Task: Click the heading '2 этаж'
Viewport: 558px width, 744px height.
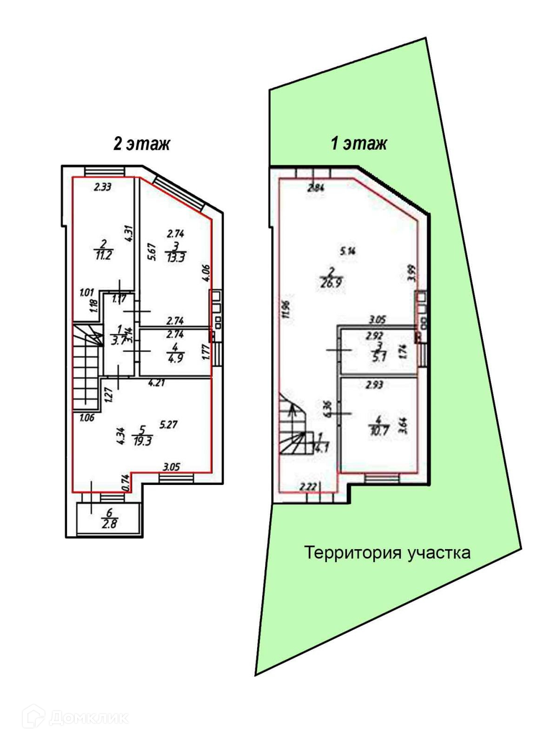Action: (141, 143)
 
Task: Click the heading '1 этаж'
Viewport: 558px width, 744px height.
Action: (359, 143)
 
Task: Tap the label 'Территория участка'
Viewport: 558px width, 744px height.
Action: (387, 553)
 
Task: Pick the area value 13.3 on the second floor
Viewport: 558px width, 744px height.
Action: (176, 258)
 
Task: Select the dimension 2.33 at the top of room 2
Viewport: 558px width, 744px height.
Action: (103, 187)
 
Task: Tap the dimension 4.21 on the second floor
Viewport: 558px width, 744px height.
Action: (157, 384)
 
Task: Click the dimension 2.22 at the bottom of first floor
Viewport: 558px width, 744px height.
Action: (308, 487)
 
